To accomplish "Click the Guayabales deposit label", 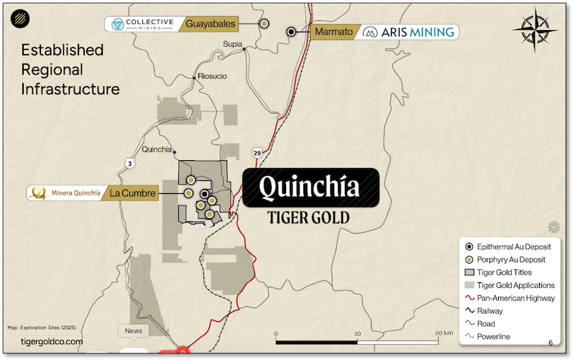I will point(211,24).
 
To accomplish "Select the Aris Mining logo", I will point(408,32).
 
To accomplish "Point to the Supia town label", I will point(231,44).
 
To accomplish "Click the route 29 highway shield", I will point(257,152).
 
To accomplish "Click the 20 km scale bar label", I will point(443,333).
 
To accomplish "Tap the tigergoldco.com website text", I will point(52,342).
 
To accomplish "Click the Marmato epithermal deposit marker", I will point(291,32).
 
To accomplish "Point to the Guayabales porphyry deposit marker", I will point(264,24).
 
